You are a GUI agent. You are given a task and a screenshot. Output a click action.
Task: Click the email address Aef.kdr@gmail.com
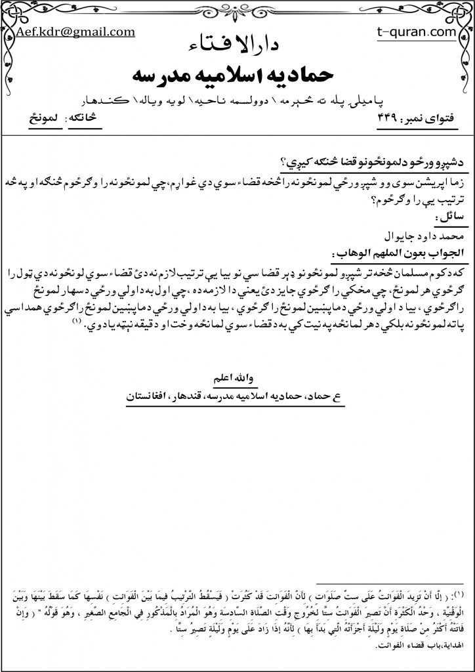coord(75,31)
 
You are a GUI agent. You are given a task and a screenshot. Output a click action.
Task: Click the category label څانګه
coord(93,118)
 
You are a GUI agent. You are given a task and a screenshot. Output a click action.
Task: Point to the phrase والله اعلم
coord(237,379)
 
